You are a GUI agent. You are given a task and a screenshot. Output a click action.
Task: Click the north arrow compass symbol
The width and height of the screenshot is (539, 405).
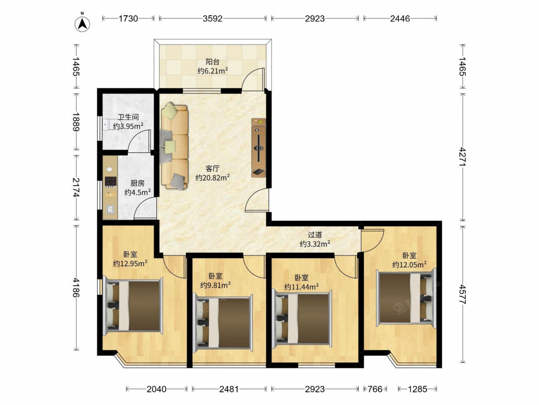pyautogui.click(x=82, y=23)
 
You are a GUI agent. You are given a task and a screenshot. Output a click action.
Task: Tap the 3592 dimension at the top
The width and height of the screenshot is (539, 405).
pyautogui.click(x=212, y=18)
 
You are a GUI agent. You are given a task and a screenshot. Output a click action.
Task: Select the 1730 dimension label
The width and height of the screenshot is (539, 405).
pyautogui.click(x=128, y=18)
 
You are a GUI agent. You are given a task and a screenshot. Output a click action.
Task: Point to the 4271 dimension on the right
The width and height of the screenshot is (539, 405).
pyautogui.click(x=462, y=157)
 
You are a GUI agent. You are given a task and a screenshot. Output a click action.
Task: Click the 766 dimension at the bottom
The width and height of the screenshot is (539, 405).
pyautogui.click(x=375, y=389)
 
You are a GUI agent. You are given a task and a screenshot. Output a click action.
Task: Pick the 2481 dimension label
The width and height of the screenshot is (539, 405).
pyautogui.click(x=229, y=389)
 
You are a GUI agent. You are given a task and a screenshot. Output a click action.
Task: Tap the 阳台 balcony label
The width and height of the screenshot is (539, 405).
pyautogui.click(x=212, y=62)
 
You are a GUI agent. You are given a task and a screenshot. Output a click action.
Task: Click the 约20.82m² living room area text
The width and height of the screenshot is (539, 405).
pyautogui.click(x=212, y=178)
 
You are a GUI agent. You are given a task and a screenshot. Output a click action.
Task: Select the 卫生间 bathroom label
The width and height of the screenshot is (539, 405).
pyautogui.click(x=128, y=117)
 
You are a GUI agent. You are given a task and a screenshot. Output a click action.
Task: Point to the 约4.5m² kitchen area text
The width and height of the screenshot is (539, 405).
pyautogui.click(x=137, y=193)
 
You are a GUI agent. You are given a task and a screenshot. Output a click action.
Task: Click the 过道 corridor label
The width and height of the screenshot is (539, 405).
pyautogui.click(x=315, y=235)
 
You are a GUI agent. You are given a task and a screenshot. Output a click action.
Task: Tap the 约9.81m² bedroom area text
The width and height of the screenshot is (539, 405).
pyautogui.click(x=216, y=285)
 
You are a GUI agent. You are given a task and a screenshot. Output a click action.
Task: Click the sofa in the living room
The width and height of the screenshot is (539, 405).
pyautogui.click(x=175, y=146)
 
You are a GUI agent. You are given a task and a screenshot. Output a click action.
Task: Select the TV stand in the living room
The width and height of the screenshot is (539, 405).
pyautogui.click(x=259, y=148)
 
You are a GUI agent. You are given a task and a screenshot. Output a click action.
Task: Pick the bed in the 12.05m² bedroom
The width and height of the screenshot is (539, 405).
pyautogui.click(x=406, y=297)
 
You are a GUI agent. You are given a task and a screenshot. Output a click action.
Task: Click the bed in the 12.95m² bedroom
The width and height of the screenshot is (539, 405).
pyautogui.click(x=133, y=306)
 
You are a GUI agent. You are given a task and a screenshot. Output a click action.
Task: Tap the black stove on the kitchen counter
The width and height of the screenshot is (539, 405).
pyautogui.click(x=110, y=181)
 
